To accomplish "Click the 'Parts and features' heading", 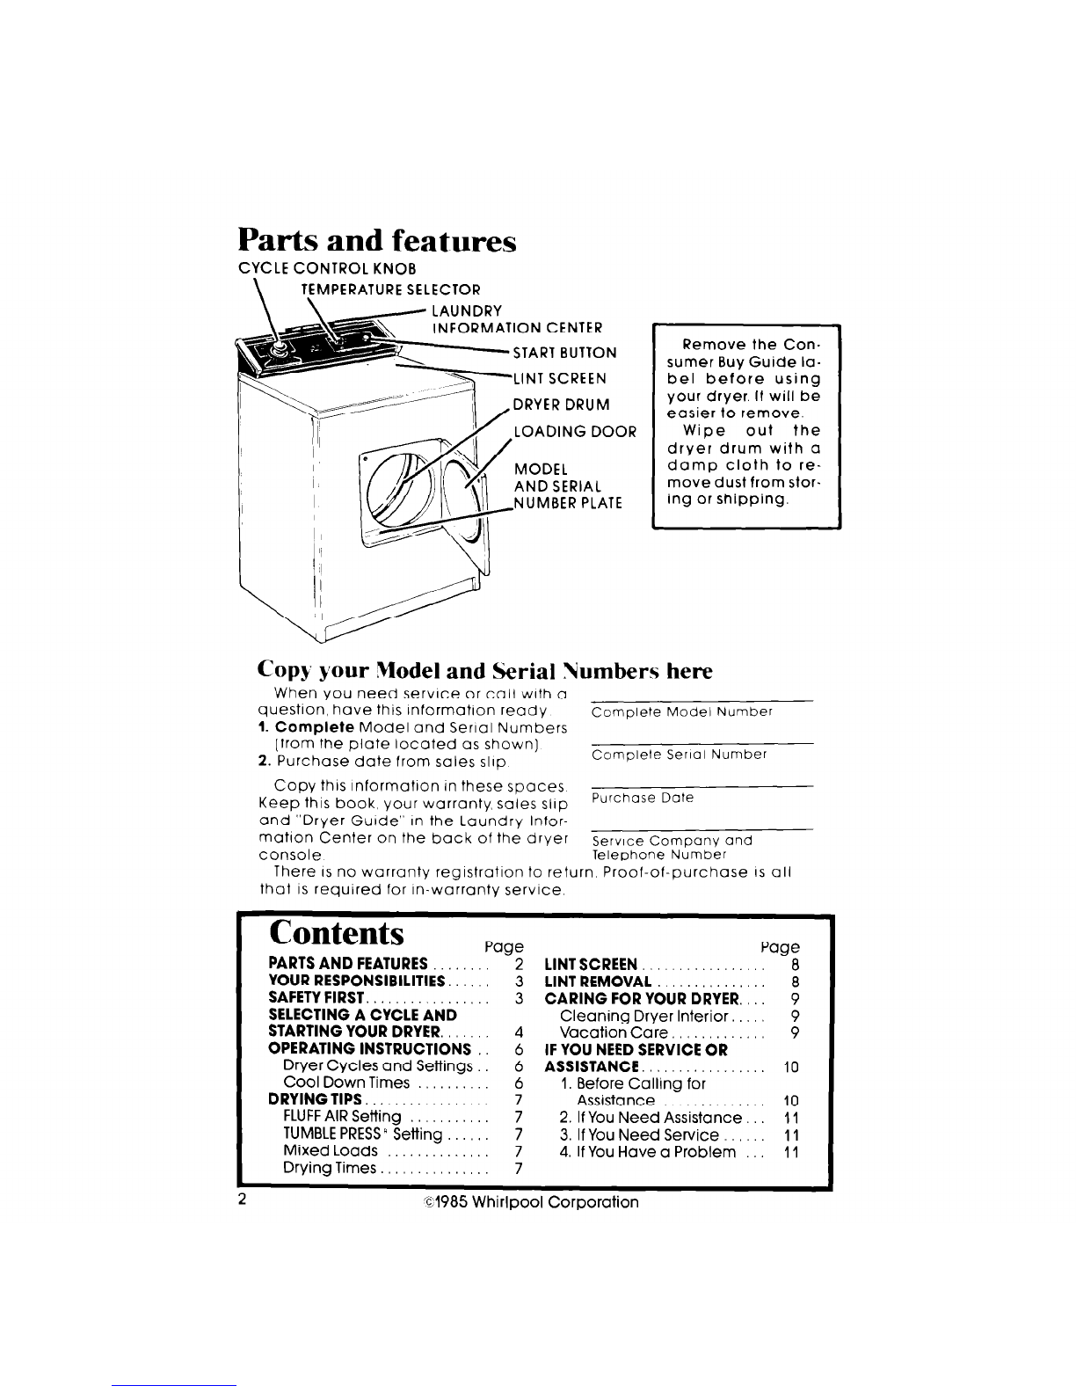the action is click(x=377, y=241).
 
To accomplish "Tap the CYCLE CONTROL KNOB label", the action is click(x=327, y=268).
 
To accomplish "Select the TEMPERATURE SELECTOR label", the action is click(x=391, y=289).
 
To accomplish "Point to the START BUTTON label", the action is click(x=564, y=353).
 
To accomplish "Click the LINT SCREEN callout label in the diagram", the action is click(x=559, y=379).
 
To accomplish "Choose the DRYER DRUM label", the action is click(x=562, y=405).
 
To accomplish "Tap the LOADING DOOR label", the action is click(x=575, y=432).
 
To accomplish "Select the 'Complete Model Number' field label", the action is click(x=682, y=712).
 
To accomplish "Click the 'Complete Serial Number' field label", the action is click(x=679, y=755).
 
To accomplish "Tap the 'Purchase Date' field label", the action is click(x=642, y=799).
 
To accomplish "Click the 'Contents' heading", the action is click(x=337, y=933).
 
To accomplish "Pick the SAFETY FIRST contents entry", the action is click(x=316, y=998).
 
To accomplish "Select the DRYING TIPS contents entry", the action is click(x=315, y=1099).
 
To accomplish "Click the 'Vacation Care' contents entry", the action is click(x=614, y=1032).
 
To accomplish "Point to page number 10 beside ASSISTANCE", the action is click(x=791, y=1068).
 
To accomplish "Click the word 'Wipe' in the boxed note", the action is click(x=704, y=431).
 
